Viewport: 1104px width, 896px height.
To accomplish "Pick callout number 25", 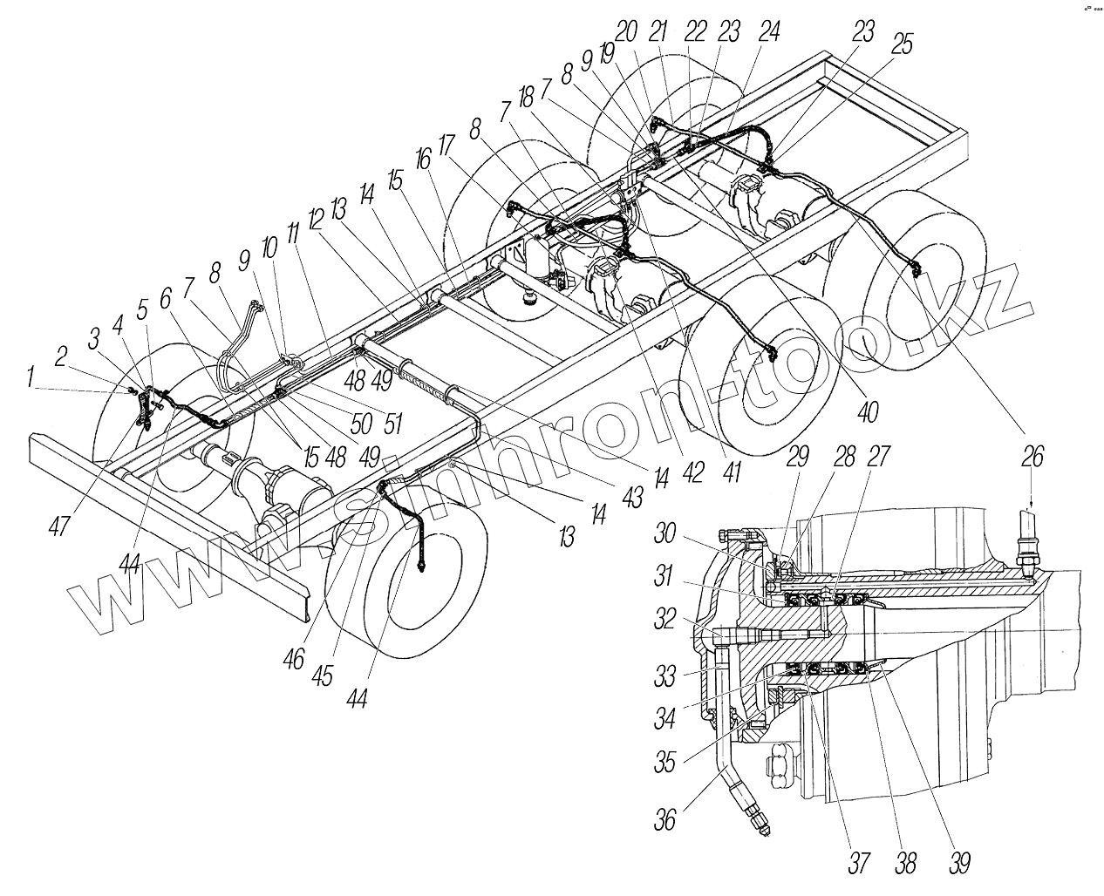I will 903,44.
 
